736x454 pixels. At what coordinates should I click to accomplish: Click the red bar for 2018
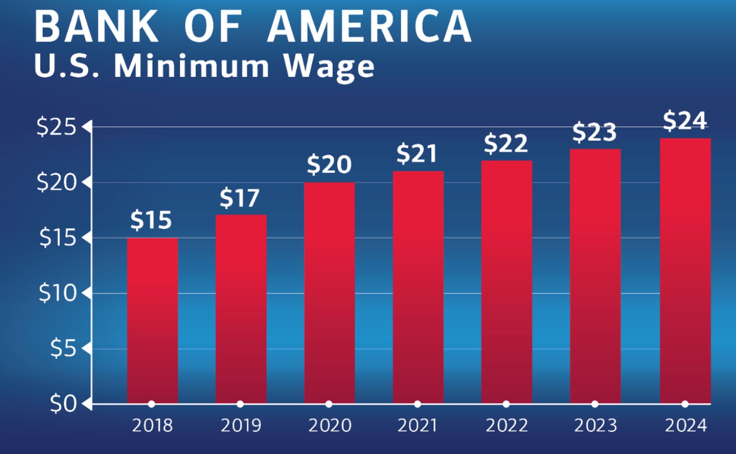pos(152,321)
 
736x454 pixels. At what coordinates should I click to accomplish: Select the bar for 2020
pos(329,293)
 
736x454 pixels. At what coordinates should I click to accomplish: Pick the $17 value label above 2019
pos(240,198)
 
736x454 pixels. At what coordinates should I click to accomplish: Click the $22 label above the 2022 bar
pos(506,143)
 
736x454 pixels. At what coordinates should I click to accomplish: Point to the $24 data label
pos(684,121)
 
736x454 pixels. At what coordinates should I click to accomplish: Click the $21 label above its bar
pos(416,154)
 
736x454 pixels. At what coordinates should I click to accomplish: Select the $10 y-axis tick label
pos(57,293)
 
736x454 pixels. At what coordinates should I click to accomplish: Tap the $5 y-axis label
pos(63,349)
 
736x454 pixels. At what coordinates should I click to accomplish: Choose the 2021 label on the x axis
pos(417,426)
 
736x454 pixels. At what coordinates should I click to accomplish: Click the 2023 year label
pos(595,426)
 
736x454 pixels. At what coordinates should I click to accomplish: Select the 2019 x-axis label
pos(241,426)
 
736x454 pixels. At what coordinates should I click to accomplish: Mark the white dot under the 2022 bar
pos(506,404)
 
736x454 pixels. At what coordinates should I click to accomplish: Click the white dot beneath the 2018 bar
pos(151,404)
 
